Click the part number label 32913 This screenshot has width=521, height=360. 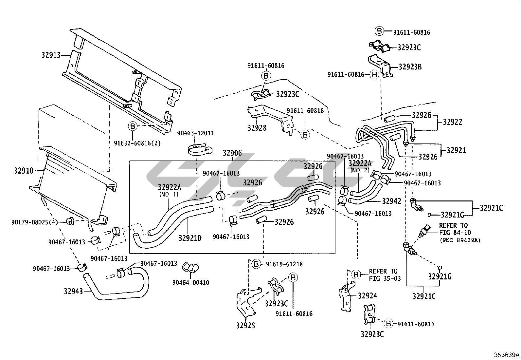[51, 55]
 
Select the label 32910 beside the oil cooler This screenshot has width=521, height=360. [24, 171]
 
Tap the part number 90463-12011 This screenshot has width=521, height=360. [195, 133]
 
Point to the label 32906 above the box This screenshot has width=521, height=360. [232, 153]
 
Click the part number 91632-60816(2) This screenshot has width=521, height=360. [137, 143]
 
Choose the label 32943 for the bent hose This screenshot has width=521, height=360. [73, 291]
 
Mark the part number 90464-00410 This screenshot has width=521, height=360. [191, 283]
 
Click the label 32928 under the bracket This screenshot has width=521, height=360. [257, 128]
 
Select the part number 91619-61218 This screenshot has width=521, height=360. [284, 264]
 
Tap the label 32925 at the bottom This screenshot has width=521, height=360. [246, 325]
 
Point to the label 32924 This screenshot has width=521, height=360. [367, 296]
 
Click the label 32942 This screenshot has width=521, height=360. [392, 201]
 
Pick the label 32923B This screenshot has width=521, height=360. [410, 67]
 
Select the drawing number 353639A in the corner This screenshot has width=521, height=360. [507, 355]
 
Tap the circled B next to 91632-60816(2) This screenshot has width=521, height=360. [133, 126]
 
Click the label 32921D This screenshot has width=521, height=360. [190, 238]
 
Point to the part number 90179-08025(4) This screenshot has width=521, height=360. [34, 222]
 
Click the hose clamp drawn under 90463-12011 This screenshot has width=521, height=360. [200, 149]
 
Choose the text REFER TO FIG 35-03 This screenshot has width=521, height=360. [385, 275]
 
